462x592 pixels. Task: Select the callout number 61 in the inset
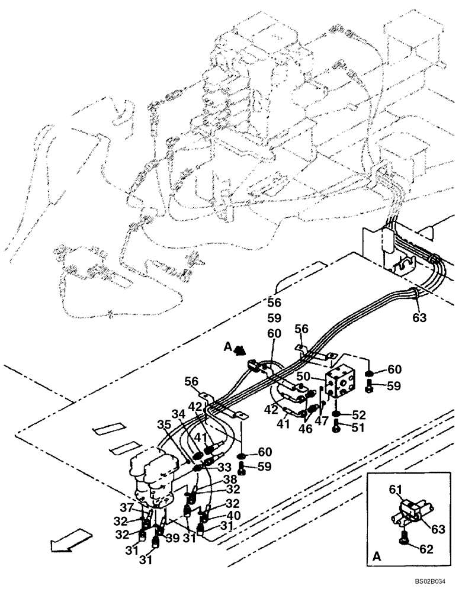pos(395,489)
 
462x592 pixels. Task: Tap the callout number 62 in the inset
pos(426,549)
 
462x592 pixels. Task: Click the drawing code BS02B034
pos(433,583)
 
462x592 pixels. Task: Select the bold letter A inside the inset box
pos(377,557)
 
